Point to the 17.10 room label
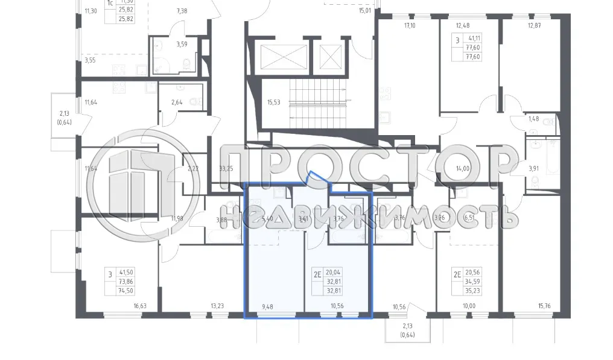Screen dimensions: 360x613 (x=410, y=26)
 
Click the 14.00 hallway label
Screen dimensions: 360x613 (x=463, y=169)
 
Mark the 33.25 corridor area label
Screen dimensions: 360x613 (x=226, y=169)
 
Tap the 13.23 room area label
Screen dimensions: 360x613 (x=217, y=306)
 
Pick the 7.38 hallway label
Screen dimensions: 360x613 (x=182, y=11)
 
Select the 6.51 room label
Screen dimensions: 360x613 (x=471, y=218)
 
